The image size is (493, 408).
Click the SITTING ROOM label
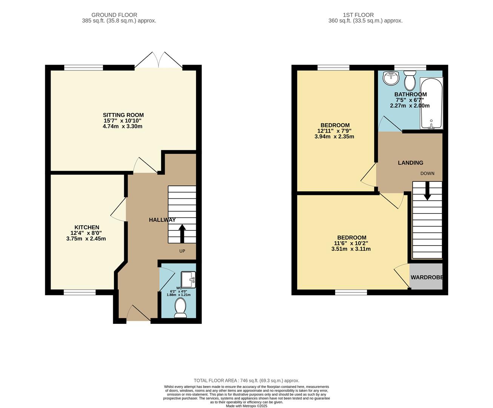[x=123, y=115]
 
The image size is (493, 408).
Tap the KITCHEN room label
[x=87, y=227]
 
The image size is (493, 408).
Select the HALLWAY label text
[x=162, y=220]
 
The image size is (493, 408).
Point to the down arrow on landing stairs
[x=427, y=191]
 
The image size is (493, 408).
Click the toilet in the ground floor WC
[x=180, y=308]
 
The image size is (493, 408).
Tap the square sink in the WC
[x=188, y=280]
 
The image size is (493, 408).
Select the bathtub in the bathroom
[x=431, y=103]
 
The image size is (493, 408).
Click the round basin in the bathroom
[x=391, y=78]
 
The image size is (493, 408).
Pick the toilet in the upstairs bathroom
[x=409, y=81]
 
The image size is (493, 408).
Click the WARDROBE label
[x=427, y=277]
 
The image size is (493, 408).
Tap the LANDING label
[x=410, y=163]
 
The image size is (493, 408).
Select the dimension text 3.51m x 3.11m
[x=351, y=249]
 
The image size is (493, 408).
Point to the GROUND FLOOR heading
[x=119, y=15]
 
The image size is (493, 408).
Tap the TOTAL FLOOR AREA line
[x=246, y=380]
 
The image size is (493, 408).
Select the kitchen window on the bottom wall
[x=79, y=292]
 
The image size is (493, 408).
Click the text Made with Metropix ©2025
[x=246, y=406]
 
